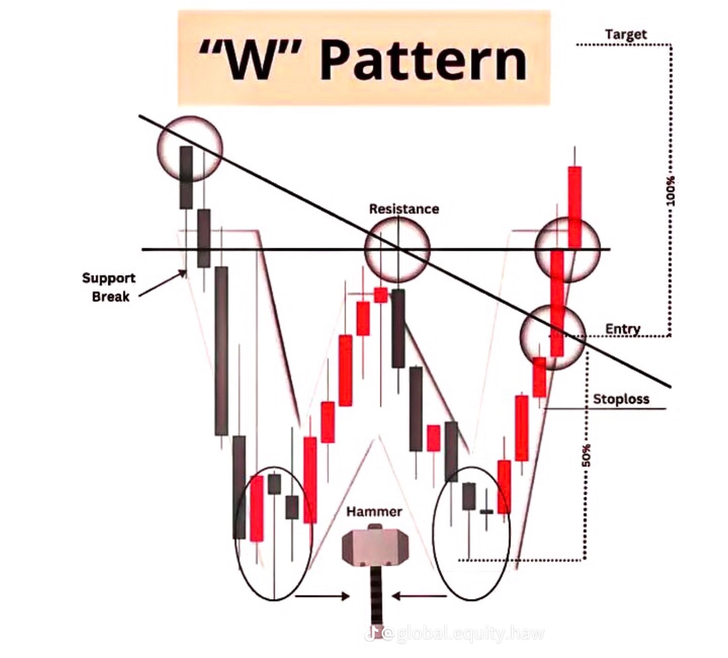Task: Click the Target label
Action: click(x=626, y=34)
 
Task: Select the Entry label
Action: click(x=622, y=329)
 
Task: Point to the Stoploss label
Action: click(x=621, y=399)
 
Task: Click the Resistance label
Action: click(x=404, y=209)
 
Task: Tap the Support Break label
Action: click(x=109, y=287)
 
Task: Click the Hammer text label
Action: click(x=374, y=511)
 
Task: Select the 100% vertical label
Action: click(x=670, y=191)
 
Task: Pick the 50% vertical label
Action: click(x=586, y=455)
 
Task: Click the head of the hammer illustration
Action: click(x=374, y=546)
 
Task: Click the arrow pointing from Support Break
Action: click(x=163, y=283)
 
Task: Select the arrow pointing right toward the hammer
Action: click(x=322, y=596)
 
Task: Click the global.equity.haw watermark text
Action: click(x=470, y=634)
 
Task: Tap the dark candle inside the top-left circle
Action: click(x=186, y=177)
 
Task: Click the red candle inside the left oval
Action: click(x=257, y=508)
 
